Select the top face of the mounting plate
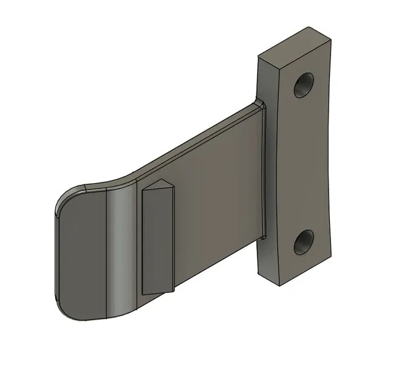point(296,43)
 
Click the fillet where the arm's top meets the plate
point(260,105)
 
